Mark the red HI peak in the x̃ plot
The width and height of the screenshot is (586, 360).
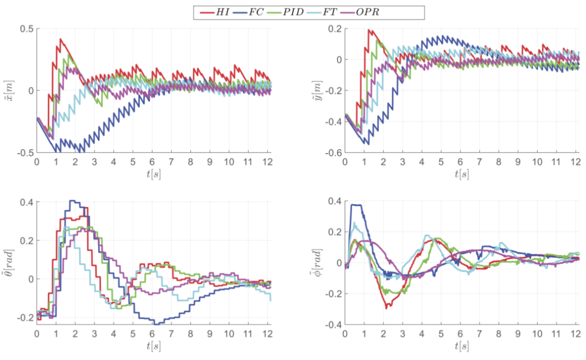(x=61, y=39)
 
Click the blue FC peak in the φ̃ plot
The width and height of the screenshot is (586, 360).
(x=355, y=205)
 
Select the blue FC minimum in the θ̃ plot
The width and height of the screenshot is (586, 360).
(x=157, y=324)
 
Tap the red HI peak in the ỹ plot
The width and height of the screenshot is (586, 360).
(x=370, y=30)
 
